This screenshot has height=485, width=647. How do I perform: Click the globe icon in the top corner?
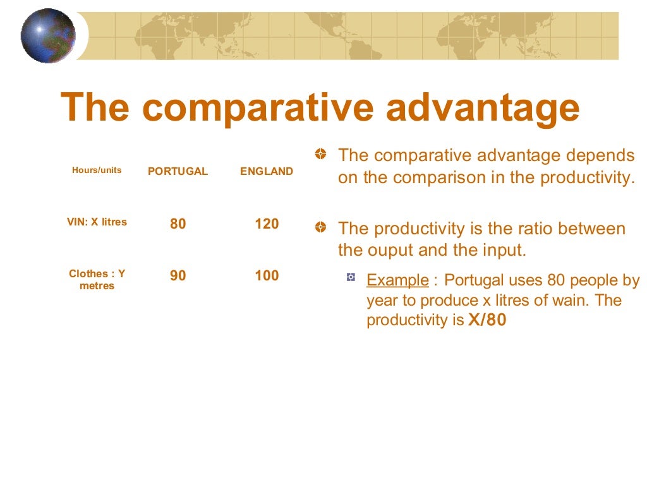[47, 36]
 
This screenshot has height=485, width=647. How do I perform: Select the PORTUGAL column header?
[178, 171]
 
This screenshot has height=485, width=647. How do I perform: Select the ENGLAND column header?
[267, 171]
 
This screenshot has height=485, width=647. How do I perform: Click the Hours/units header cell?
[97, 171]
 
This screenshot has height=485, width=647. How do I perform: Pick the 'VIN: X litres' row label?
[97, 222]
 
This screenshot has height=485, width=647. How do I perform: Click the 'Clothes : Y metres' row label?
[97, 280]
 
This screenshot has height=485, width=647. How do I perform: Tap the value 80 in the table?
[178, 224]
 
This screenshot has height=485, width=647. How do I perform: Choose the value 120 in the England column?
[267, 224]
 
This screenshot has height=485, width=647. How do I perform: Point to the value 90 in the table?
[178, 276]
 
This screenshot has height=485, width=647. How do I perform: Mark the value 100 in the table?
[267, 275]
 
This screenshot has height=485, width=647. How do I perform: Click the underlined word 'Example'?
[397, 280]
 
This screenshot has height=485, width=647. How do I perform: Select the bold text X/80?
[487, 320]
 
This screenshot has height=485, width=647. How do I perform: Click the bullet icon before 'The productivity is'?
[322, 227]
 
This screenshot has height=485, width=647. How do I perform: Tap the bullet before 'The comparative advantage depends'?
[322, 153]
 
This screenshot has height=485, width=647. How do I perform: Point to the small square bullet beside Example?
[351, 277]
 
